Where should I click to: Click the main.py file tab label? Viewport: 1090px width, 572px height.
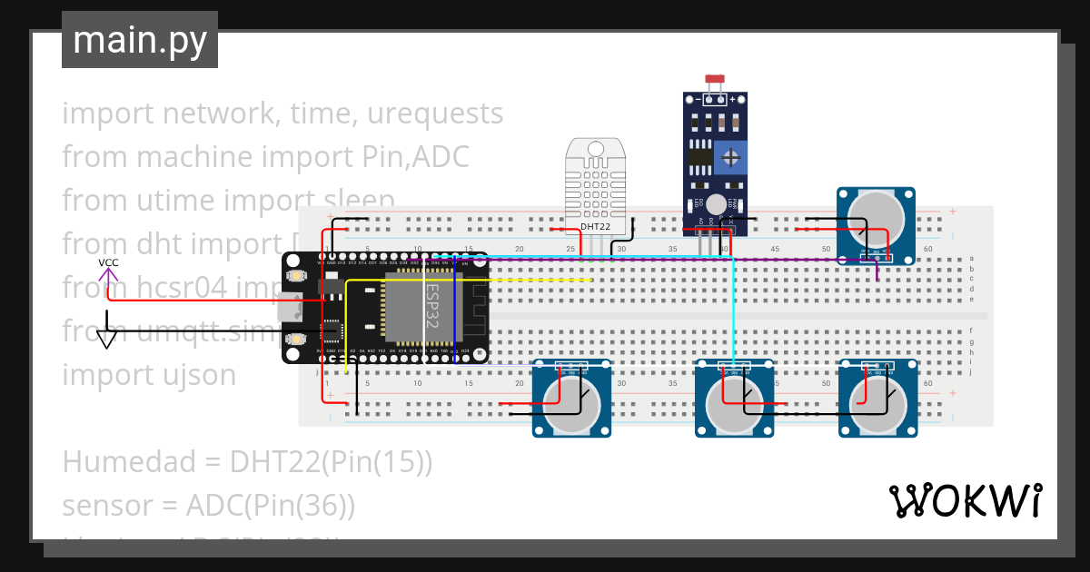coord(139,41)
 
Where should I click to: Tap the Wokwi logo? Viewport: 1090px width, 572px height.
coord(965,500)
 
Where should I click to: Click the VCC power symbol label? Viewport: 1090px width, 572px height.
coord(108,262)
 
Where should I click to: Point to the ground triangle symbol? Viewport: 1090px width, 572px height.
coord(108,340)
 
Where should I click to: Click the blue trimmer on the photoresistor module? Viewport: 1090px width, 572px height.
coord(730,157)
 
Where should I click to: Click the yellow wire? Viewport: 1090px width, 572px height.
coord(545,280)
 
